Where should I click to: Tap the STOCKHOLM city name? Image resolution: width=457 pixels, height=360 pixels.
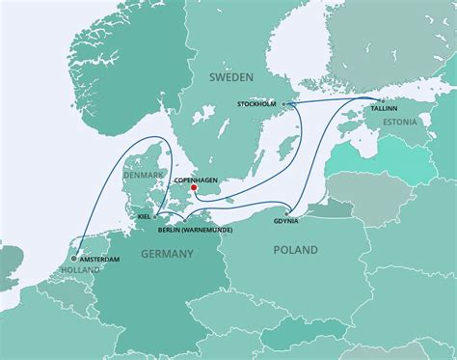(x=256, y=103)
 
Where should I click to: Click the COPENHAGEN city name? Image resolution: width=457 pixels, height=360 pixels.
(x=194, y=179)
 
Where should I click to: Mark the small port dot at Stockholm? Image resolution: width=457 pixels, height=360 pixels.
(x=282, y=103)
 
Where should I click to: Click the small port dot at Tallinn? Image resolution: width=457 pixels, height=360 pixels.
(x=383, y=99)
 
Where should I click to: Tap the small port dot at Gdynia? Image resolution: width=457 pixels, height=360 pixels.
(x=287, y=210)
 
